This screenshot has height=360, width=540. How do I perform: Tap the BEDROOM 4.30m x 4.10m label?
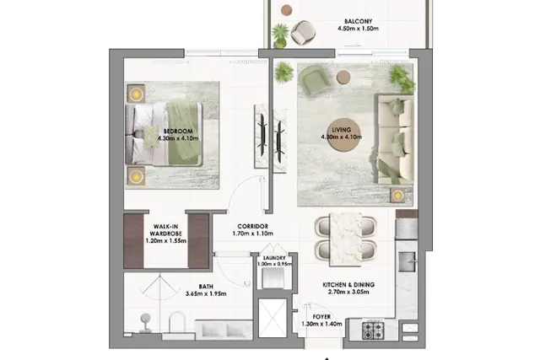[x=178, y=135]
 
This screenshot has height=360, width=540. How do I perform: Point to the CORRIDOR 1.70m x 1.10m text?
[x=253, y=230]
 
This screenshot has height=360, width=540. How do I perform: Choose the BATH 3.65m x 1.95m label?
[x=206, y=290]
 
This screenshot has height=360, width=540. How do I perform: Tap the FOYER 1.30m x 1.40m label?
[x=321, y=320]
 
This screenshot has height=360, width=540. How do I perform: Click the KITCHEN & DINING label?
[x=348, y=285]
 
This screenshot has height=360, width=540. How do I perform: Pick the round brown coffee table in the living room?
[x=344, y=135]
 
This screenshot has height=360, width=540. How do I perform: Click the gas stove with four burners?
[x=373, y=330]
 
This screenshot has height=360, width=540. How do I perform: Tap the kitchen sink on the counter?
[x=408, y=261]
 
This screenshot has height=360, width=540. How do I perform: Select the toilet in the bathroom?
[x=177, y=323]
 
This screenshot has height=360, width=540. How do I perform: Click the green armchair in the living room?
[x=315, y=81]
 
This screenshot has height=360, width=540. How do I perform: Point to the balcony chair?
[x=303, y=33]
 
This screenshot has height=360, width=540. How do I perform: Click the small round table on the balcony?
[x=287, y=10]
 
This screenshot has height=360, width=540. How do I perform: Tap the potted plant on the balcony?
[x=280, y=35]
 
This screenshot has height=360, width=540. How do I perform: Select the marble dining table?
[x=346, y=239]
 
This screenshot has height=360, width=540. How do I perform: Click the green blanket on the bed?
[x=184, y=133]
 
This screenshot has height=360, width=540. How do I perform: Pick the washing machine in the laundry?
[x=273, y=278]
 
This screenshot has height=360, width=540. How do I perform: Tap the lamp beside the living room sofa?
[x=397, y=196]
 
